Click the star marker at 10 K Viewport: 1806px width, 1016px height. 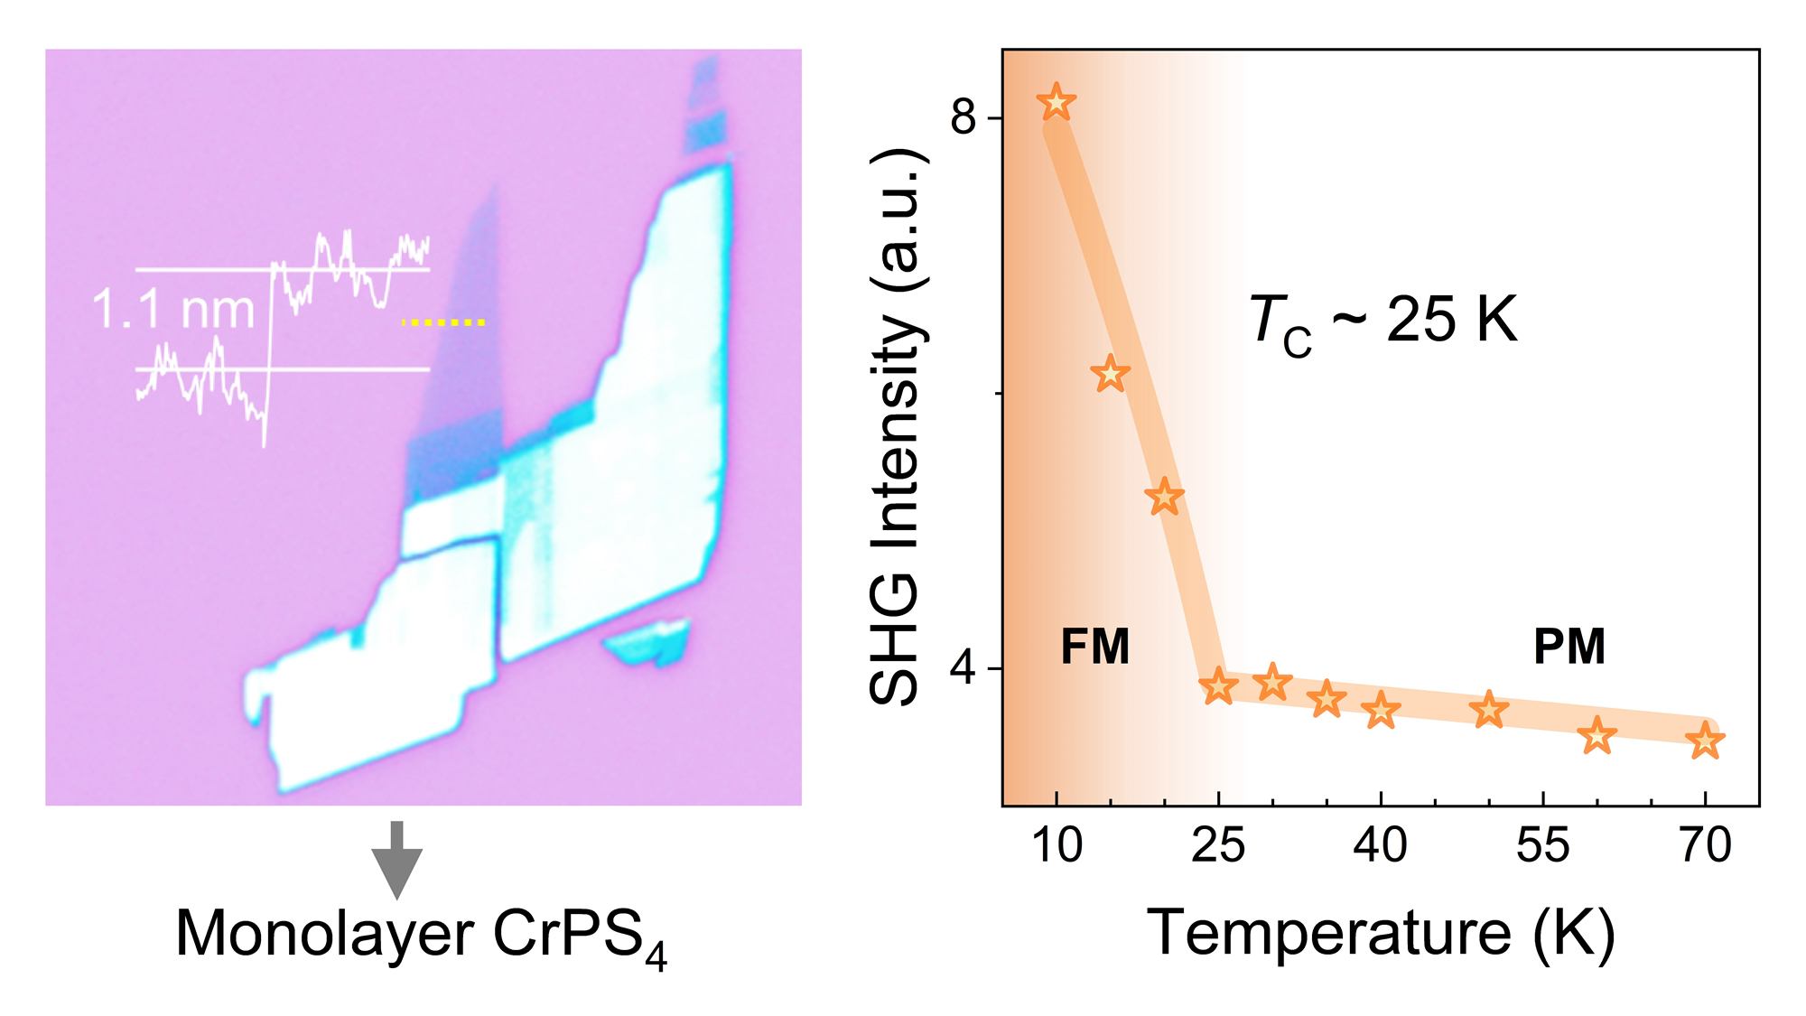point(1056,102)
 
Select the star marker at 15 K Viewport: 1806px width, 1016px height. point(1110,373)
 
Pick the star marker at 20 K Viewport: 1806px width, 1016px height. point(1164,497)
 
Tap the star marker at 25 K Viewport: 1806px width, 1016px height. point(1218,686)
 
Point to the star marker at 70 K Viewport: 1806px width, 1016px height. point(1705,741)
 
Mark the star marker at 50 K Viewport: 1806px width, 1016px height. point(1488,710)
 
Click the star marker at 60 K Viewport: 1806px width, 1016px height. point(1597,736)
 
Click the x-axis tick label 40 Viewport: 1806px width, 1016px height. point(1380,846)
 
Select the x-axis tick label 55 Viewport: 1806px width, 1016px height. point(1542,846)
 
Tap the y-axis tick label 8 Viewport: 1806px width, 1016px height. point(964,117)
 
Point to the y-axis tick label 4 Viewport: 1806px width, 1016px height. point(964,668)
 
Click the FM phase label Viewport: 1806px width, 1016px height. point(1094,647)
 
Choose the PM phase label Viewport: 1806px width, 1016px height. point(1569,647)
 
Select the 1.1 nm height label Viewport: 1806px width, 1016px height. point(173,310)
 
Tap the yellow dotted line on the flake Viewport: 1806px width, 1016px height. point(443,322)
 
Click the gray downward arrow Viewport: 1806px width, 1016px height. point(396,858)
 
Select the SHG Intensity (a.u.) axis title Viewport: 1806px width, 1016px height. point(896,424)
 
